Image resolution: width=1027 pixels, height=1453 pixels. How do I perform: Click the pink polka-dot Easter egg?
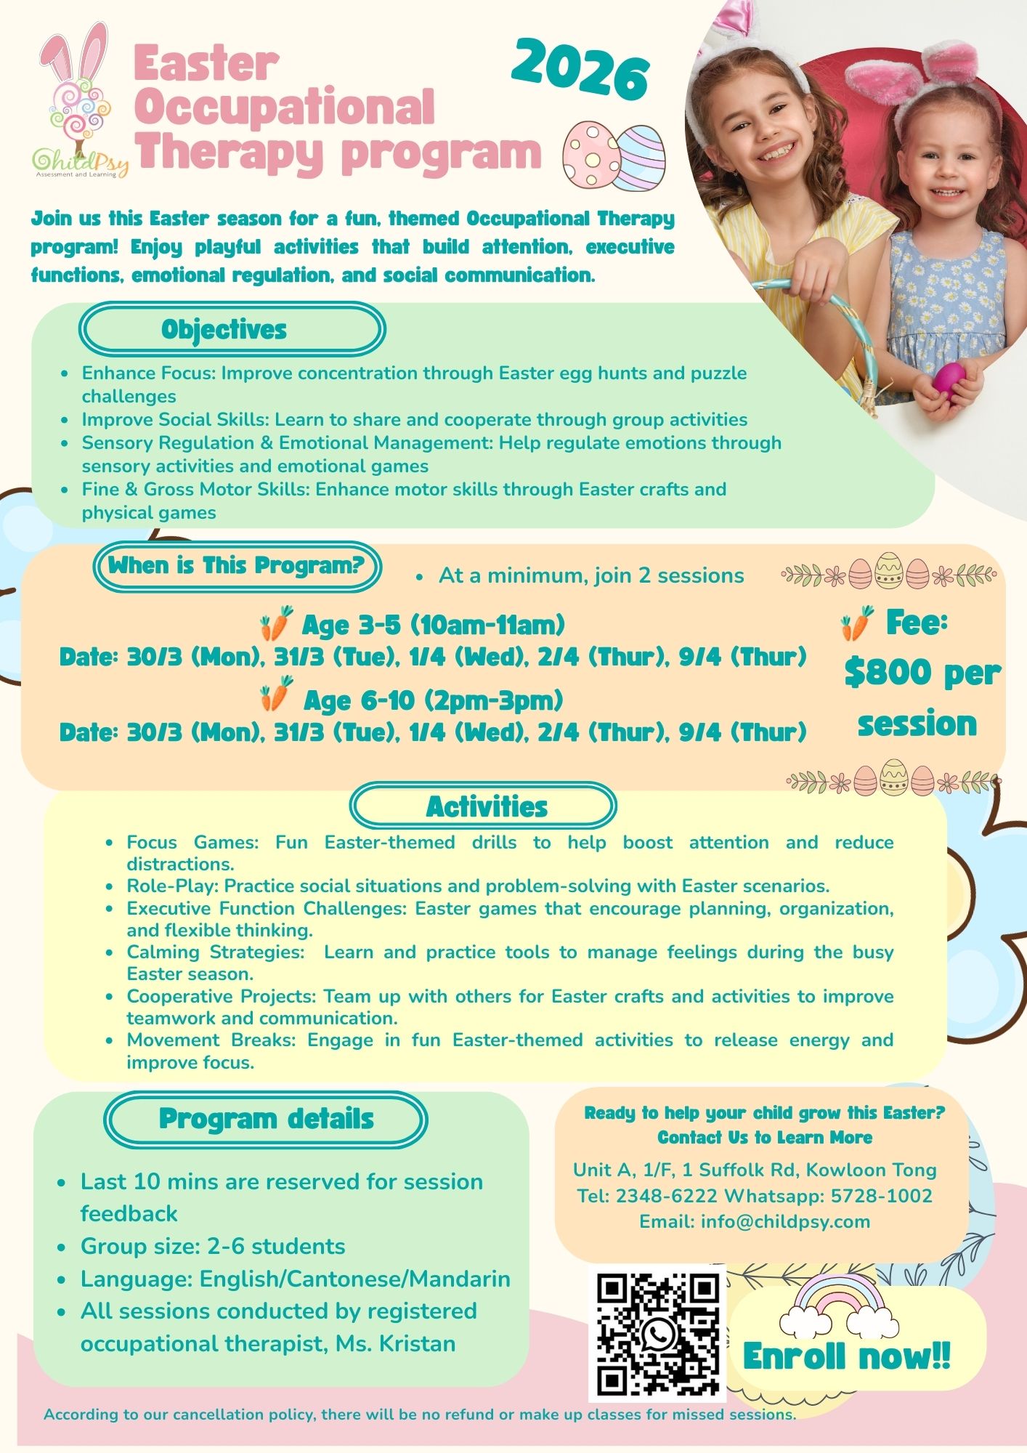click(590, 155)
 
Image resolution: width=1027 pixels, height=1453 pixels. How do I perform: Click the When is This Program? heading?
click(237, 566)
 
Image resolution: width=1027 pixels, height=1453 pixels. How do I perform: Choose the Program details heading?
click(266, 1120)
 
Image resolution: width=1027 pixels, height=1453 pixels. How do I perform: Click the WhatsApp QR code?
click(658, 1335)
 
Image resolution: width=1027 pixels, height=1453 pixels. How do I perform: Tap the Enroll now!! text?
click(846, 1356)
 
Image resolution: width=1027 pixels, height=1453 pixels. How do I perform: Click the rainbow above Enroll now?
click(840, 1306)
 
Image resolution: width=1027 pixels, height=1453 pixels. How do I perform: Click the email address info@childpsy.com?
click(785, 1222)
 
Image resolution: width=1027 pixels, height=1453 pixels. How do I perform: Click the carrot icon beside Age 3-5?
click(276, 623)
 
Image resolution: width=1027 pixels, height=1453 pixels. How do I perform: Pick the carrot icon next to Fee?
click(857, 623)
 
